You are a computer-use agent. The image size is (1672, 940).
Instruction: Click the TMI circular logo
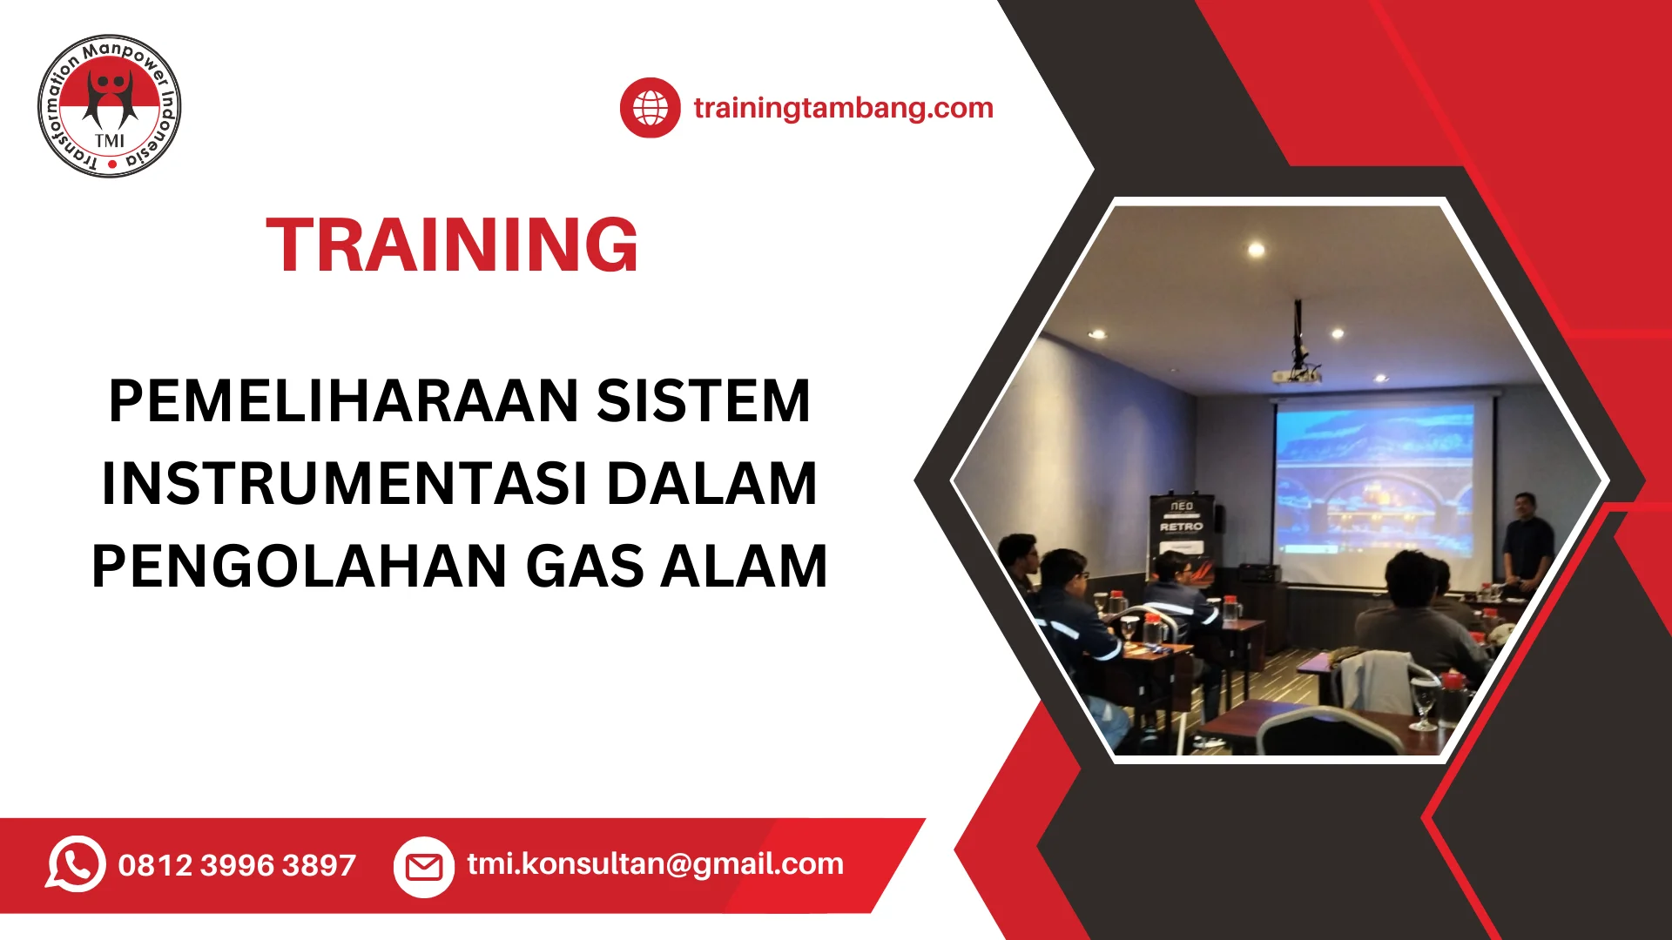110,106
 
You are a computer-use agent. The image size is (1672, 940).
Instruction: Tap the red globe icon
650,108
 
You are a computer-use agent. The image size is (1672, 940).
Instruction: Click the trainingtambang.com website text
843,108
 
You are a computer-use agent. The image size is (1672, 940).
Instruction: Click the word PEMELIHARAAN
343,401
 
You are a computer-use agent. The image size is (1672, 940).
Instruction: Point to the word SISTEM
704,401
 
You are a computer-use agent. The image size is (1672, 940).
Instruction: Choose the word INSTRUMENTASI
345,484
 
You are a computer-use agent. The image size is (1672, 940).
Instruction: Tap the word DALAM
712,484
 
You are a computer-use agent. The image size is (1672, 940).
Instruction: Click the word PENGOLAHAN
299,567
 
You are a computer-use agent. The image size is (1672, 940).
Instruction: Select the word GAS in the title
585,567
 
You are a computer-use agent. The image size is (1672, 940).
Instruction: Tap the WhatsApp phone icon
76,864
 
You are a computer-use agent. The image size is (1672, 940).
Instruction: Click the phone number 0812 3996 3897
237,865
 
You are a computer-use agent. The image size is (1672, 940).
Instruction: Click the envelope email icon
424,867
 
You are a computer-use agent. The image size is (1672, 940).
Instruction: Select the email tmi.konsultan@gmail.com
655,863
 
